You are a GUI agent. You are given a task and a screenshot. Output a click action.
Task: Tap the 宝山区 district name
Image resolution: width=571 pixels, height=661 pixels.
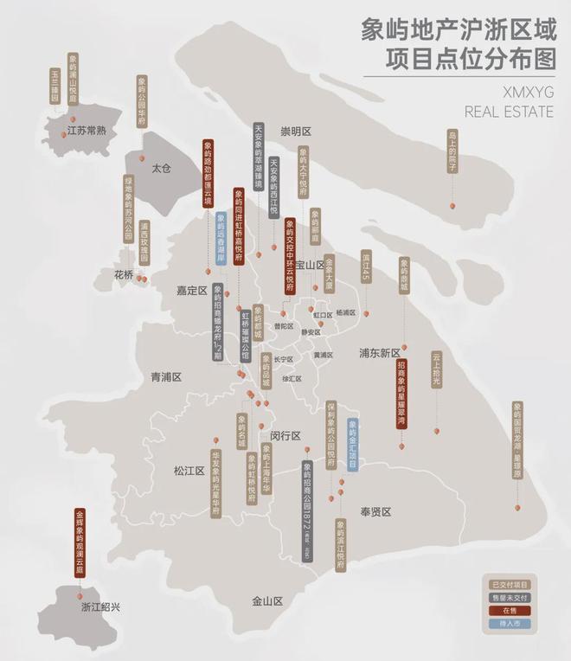(309, 264)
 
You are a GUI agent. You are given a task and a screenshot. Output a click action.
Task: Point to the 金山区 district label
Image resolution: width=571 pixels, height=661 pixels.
(268, 600)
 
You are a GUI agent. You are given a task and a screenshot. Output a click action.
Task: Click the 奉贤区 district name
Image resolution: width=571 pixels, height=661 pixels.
(375, 512)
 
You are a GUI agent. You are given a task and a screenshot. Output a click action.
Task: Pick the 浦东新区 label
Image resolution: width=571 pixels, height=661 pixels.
(380, 353)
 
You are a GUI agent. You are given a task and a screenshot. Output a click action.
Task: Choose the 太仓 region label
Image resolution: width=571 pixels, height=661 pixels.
(163, 167)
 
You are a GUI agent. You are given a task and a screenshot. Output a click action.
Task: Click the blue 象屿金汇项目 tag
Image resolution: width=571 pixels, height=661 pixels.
(352, 445)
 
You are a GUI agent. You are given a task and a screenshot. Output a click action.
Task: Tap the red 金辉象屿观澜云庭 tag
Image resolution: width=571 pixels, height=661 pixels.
(80, 543)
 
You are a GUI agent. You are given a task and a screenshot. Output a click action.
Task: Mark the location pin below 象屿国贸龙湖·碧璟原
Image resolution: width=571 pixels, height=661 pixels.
(517, 507)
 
